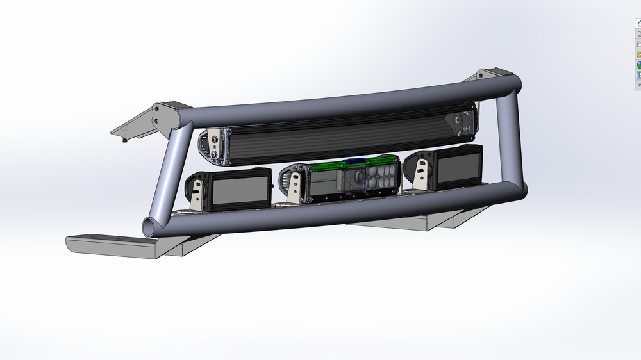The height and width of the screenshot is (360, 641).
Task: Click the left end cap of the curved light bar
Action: pyautogui.click(x=212, y=145)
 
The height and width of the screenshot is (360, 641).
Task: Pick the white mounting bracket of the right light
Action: pyautogui.click(x=422, y=173)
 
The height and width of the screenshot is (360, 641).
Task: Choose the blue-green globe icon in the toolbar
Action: pyautogui.click(x=638, y=65)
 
